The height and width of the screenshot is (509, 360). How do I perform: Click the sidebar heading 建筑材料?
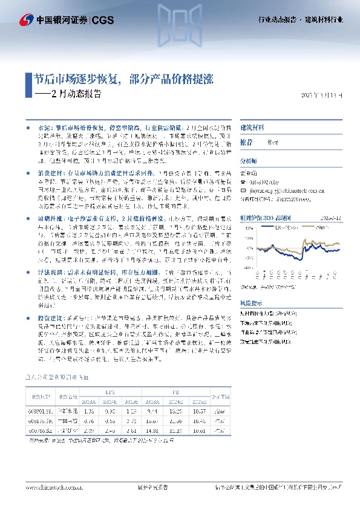253,128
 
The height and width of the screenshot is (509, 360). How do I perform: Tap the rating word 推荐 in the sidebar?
247,141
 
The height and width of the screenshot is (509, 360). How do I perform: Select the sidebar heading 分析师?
249,161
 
